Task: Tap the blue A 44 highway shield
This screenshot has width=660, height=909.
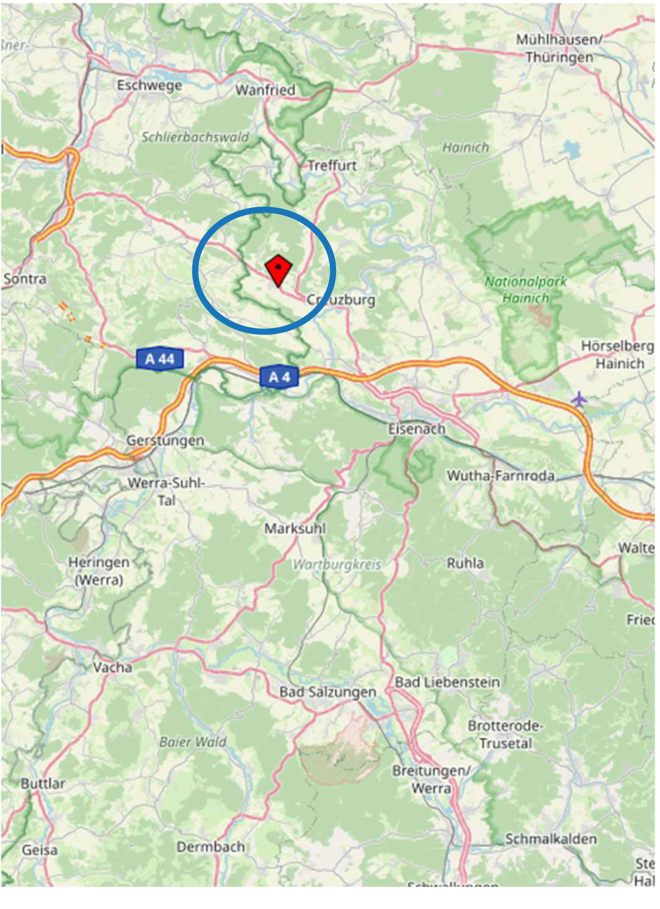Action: pyautogui.click(x=160, y=358)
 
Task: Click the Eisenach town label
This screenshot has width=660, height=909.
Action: pyautogui.click(x=417, y=429)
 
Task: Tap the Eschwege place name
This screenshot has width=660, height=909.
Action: pyautogui.click(x=149, y=85)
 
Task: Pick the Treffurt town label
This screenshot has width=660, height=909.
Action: pyautogui.click(x=332, y=165)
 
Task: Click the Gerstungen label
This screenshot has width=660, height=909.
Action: pyautogui.click(x=165, y=441)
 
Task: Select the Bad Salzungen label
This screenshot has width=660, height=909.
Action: pyautogui.click(x=328, y=692)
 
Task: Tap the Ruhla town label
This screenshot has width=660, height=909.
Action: pyautogui.click(x=465, y=563)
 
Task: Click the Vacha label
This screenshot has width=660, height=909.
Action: pyautogui.click(x=112, y=667)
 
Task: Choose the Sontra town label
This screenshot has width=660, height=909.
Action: pyautogui.click(x=25, y=279)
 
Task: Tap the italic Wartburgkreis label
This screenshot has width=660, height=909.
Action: pyautogui.click(x=336, y=565)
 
